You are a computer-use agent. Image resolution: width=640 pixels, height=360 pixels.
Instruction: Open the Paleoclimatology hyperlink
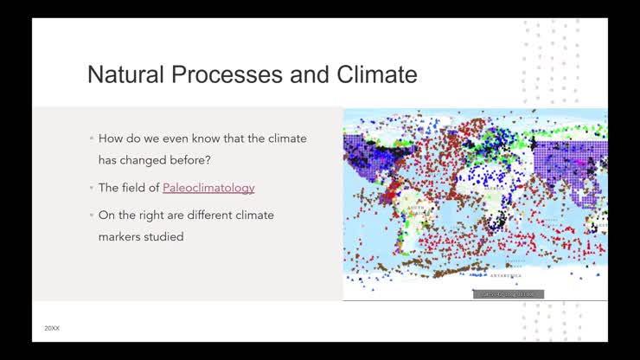tap(208, 188)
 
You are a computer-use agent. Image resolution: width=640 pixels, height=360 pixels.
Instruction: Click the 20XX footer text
tap(52, 328)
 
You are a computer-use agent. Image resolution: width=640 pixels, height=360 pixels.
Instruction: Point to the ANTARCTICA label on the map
tap(505, 276)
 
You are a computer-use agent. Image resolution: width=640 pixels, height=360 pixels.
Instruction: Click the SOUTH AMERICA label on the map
tap(414, 210)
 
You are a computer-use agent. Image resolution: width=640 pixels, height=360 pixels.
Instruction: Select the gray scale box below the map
tap(509, 294)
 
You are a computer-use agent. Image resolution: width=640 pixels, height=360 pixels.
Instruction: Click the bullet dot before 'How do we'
tap(91, 138)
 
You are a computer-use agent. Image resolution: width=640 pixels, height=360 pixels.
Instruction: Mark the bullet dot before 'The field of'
tap(91, 188)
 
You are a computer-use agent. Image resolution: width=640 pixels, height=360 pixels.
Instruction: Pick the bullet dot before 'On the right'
tap(91, 215)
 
